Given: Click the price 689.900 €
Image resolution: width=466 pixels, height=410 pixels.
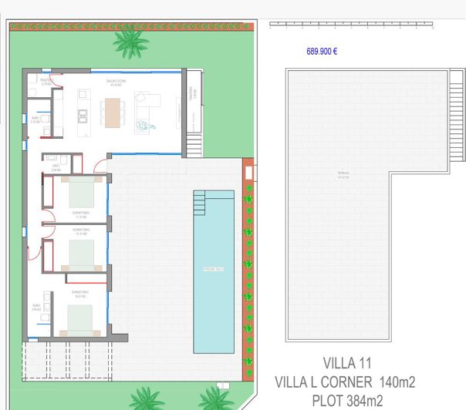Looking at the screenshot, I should (322, 52).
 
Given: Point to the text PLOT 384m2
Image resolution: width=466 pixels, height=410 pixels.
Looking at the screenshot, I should (346, 399).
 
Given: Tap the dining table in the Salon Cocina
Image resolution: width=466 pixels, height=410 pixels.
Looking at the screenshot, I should (114, 113).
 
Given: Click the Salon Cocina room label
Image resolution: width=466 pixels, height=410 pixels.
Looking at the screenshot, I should (117, 80).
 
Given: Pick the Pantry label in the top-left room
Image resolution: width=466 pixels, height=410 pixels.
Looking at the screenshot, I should (46, 80).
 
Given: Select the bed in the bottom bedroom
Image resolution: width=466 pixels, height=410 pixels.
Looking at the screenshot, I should (80, 318).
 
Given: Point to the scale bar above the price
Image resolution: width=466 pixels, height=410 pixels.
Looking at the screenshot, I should (351, 25).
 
